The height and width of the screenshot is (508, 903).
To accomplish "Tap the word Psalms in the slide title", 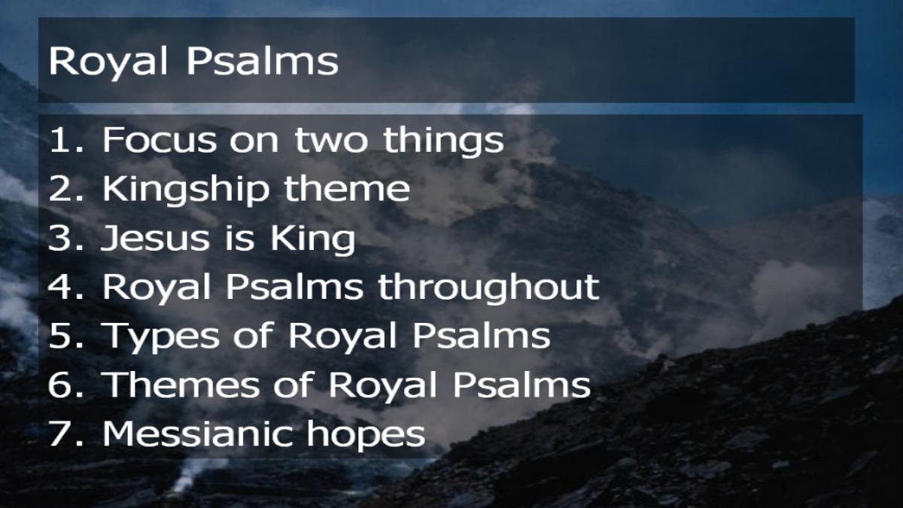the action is pos(263,61).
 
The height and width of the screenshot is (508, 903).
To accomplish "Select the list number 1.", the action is pos(66,140).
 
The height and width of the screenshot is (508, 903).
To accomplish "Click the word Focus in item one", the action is pos(160,140).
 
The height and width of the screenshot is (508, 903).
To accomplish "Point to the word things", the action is pos(443,142).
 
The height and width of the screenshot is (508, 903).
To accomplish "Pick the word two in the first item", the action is pos(331,141).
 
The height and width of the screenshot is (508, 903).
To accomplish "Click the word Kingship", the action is pos(186,190).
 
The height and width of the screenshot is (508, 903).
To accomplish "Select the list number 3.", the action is pos(66,238).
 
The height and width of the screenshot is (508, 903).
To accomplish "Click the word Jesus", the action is pos(156,238).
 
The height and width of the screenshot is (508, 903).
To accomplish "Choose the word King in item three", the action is pos(313,240).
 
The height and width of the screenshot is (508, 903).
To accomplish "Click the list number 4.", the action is pos(66,287).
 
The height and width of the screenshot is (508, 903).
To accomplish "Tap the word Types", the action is pos(162,337).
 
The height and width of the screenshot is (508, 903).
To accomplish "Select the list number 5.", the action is pos(66,336).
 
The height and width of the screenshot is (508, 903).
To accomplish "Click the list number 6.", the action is pos(66,385).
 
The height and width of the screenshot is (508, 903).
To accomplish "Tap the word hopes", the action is pos(366,436).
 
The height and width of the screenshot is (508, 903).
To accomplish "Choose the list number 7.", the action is pos(66,433).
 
